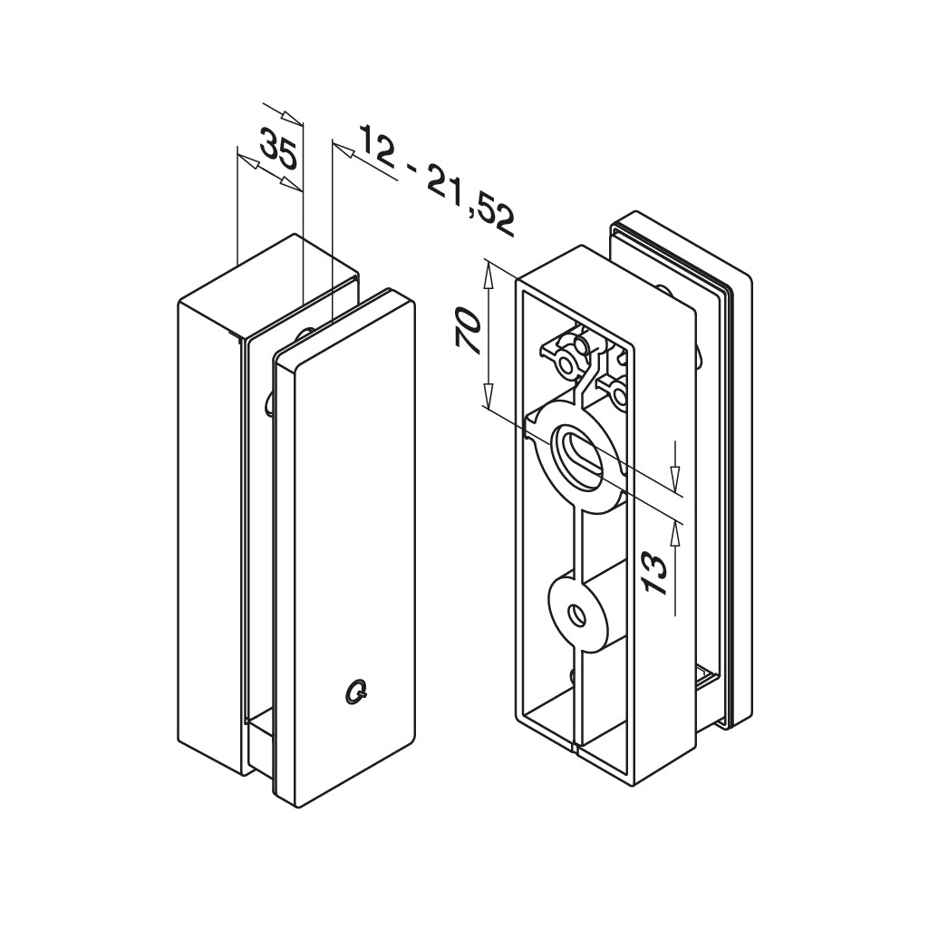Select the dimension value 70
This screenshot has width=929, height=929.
click(x=468, y=333)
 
